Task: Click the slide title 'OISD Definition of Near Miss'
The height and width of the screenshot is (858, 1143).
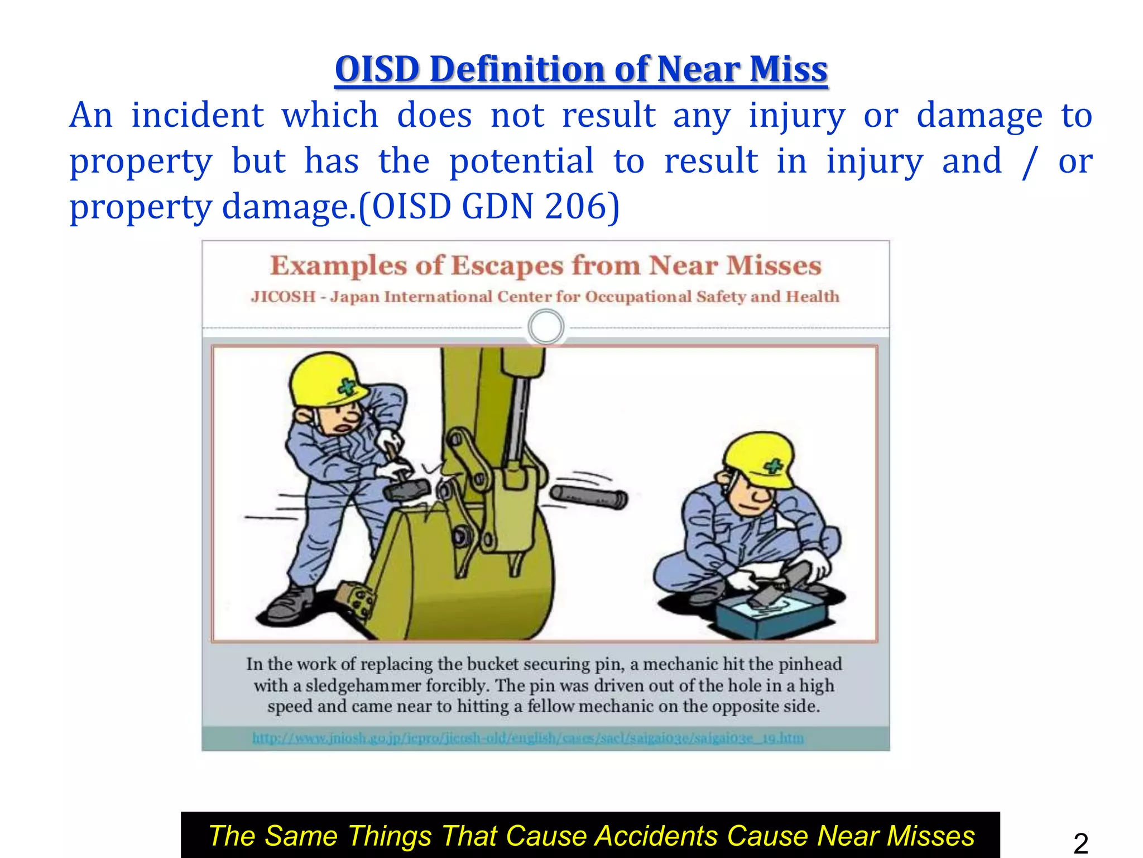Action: click(581, 69)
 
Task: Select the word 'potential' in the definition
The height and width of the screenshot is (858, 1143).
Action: click(521, 161)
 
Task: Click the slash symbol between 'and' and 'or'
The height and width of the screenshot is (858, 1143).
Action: click(1028, 162)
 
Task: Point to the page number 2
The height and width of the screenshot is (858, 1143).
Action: click(1080, 843)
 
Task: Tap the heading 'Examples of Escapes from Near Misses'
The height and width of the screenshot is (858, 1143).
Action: click(545, 265)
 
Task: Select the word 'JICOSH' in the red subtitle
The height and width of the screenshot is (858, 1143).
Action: click(283, 297)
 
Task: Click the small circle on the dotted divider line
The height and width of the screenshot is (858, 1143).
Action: click(545, 327)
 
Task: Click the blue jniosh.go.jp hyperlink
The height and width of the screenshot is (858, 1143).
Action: click(528, 738)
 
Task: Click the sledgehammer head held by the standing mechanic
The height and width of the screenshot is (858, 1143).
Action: click(406, 490)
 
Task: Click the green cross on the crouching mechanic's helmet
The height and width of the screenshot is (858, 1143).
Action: click(773, 466)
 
